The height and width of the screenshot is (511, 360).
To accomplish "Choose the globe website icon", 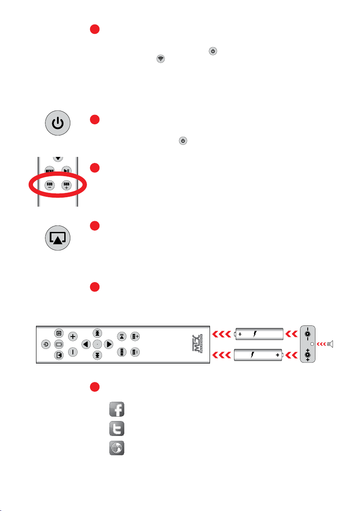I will (116, 447).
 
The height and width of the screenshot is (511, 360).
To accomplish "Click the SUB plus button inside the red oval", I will (66, 185).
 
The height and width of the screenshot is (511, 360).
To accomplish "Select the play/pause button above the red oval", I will (66, 170).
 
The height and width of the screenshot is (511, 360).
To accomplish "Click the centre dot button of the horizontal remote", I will (98, 344).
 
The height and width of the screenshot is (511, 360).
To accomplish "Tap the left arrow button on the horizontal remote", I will (86, 344).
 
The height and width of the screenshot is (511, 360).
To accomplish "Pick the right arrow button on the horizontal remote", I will (109, 344).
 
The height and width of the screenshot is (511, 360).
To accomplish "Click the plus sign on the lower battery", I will (277, 355).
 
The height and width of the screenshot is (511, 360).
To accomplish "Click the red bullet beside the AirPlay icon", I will (95, 226).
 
